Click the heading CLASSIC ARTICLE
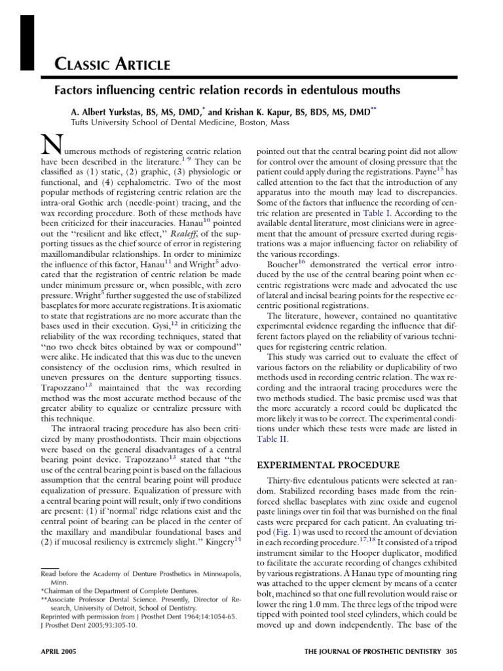112,64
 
